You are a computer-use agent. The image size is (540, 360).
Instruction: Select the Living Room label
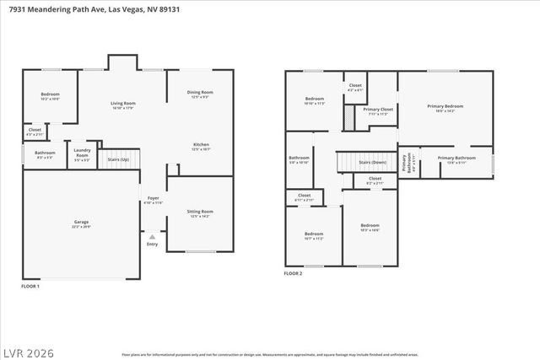pos(123,105)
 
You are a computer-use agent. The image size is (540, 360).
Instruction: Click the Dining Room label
pos(200,94)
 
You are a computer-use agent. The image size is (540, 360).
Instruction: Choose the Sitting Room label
pos(200,212)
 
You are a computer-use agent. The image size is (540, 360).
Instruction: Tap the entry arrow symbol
pos(152,237)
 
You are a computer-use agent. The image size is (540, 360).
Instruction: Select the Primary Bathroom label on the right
pos(456,159)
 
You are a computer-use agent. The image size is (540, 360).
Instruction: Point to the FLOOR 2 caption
pos(293,274)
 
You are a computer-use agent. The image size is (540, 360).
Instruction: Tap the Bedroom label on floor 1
pos(50,97)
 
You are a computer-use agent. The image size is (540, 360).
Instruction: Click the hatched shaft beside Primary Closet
pos(348,116)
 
